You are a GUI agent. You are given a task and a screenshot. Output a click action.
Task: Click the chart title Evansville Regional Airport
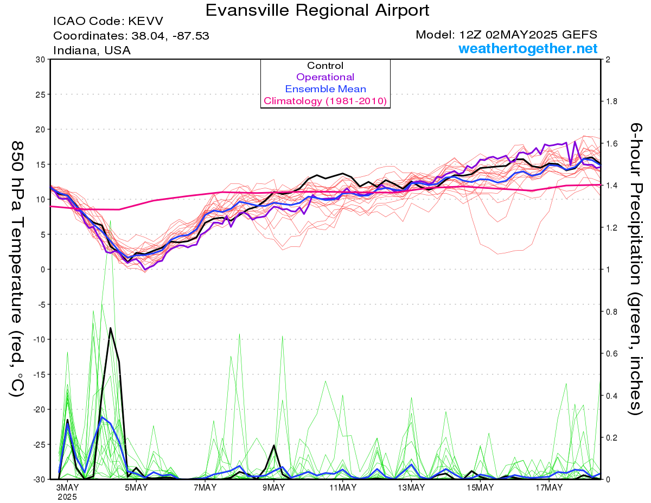coord(317,10)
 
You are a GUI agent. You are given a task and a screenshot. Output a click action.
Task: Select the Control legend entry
coord(325,66)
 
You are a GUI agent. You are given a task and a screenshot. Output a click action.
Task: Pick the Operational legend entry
coord(325,77)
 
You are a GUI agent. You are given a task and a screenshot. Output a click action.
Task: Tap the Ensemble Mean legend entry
coord(325,89)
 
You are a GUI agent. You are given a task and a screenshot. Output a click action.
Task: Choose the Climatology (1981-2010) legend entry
coord(325,101)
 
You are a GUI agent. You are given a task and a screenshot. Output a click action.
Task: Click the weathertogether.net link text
coord(528,48)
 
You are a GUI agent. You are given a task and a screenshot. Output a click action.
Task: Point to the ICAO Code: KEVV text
coord(108,21)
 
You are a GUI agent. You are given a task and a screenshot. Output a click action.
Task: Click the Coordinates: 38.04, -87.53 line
coord(131,36)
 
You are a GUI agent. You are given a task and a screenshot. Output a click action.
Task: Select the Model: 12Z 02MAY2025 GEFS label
coord(506,35)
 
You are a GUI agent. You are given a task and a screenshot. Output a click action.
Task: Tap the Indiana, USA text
coord(92,50)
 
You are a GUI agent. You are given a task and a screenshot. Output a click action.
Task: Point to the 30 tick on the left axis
coord(41,60)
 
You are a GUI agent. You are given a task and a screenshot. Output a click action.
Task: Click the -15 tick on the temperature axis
coord(39,374)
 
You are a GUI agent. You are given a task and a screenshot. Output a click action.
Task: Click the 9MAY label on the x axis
coord(273,487)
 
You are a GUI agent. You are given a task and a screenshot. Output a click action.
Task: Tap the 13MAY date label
coord(411,487)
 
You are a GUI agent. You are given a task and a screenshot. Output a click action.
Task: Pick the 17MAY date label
coord(549,487)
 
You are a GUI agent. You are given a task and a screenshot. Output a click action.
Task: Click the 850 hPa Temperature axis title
coord(17,269)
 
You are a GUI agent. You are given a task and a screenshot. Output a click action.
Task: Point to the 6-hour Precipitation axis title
coord(636,269)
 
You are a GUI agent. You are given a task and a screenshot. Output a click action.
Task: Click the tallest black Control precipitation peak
coord(111,328)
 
